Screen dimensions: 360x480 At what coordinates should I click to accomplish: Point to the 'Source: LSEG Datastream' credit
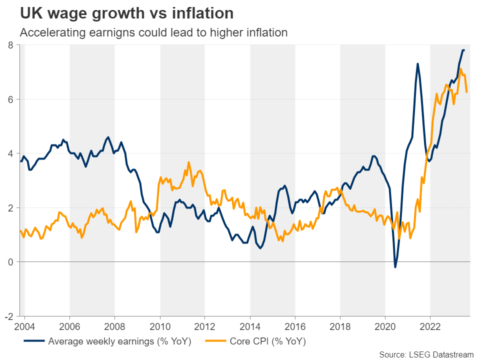click(426, 354)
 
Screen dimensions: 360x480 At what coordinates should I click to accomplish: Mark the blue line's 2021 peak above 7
click(417, 64)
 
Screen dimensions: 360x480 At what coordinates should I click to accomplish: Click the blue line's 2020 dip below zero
click(395, 267)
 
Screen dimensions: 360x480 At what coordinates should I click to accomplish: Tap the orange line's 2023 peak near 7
click(460, 69)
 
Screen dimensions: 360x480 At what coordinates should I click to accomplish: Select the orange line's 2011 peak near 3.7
click(188, 162)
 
